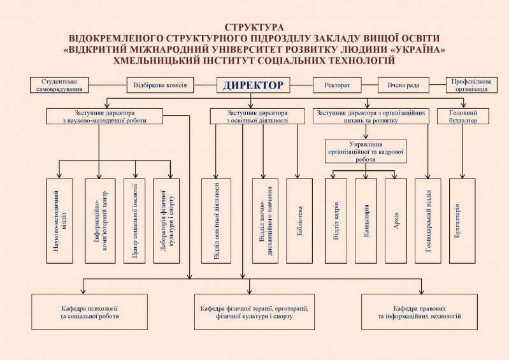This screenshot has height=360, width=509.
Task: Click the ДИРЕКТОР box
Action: pyautogui.click(x=253, y=85)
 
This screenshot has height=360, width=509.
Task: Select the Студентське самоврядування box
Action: pyautogui.click(x=59, y=85)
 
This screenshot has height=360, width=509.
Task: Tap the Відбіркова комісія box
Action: pyautogui.click(x=160, y=85)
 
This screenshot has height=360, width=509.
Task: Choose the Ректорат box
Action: pyautogui.click(x=337, y=85)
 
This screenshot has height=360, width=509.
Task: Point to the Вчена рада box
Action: pyautogui.click(x=403, y=85)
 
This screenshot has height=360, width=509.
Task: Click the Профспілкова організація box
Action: pyautogui.click(x=471, y=85)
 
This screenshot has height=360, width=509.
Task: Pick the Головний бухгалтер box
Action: pyautogui.click(x=463, y=116)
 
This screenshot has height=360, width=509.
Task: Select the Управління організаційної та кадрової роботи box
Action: pyautogui.click(x=366, y=151)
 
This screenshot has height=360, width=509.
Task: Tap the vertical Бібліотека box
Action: pyautogui.click(x=299, y=220)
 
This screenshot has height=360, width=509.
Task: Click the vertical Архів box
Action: pyautogui.click(x=396, y=220)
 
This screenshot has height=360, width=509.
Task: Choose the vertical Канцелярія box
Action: pyautogui.click(x=366, y=220)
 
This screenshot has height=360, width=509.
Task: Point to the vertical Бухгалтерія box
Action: pyautogui.click(x=462, y=220)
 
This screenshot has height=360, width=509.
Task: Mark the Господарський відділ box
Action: pyautogui.click(x=428, y=220)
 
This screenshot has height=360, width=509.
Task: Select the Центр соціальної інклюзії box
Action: pyautogui.click(x=134, y=220)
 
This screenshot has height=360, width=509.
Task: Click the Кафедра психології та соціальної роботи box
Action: pyautogui.click(x=90, y=312)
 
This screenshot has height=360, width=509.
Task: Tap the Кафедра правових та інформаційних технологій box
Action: pyautogui.click(x=419, y=312)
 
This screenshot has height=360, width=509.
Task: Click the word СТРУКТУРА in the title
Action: pyautogui.click(x=254, y=27)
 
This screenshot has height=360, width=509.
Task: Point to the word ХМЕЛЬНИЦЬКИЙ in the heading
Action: pyautogui.click(x=155, y=61)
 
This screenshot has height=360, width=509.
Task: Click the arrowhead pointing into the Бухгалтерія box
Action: pyautogui.click(x=462, y=176)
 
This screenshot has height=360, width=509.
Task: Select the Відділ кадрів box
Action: pyautogui.click(x=336, y=220)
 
